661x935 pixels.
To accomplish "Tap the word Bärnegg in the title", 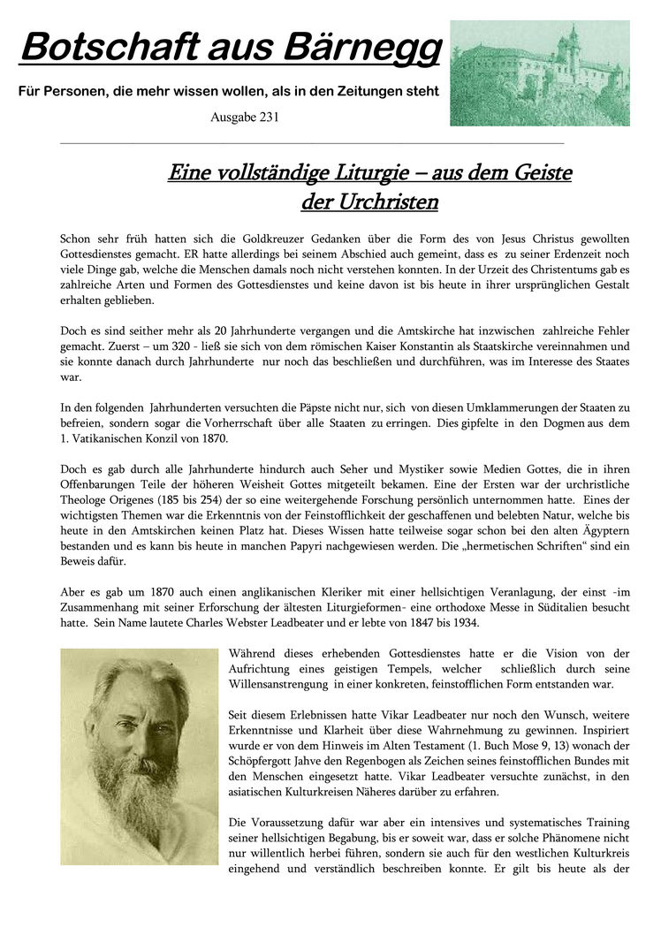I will [368, 48].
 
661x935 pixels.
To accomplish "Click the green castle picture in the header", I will [539, 73].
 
